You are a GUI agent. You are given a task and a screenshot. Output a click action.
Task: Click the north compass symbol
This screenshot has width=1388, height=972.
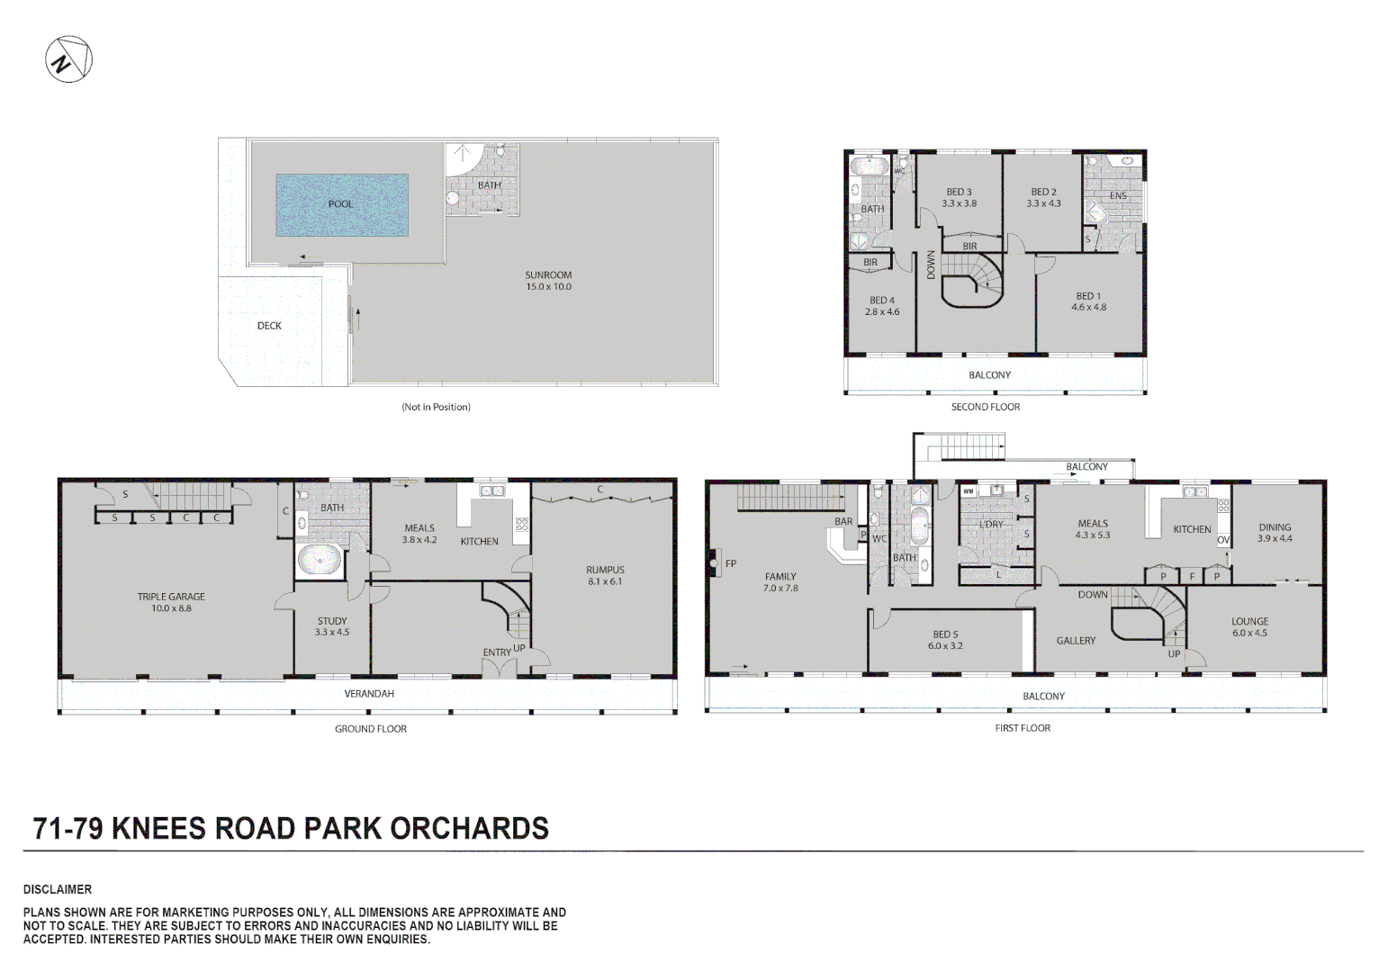tap(68, 59)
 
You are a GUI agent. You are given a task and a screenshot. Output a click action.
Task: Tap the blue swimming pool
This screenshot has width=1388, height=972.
tap(342, 205)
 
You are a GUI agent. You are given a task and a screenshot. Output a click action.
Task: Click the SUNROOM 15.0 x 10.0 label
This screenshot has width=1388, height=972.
tap(548, 281)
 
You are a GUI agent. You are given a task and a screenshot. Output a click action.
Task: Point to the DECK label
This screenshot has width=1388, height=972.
tap(269, 326)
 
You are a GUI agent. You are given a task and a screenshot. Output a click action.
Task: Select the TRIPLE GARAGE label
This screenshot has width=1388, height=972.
tap(171, 602)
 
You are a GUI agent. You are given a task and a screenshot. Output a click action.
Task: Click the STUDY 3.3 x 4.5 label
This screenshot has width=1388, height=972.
tap(332, 626)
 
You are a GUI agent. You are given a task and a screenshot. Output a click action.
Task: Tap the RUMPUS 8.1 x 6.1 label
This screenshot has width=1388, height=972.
tap(606, 575)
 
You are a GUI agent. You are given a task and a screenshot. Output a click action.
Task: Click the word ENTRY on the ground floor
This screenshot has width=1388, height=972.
tap(497, 652)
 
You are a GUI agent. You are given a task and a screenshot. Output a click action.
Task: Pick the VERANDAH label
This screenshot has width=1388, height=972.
tap(369, 694)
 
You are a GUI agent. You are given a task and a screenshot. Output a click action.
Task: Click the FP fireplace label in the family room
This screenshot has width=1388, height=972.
tap(731, 563)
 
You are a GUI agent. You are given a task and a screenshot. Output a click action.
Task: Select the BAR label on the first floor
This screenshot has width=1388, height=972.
tap(843, 522)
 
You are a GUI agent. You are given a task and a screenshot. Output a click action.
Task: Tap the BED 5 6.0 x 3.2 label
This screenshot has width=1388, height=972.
tap(945, 640)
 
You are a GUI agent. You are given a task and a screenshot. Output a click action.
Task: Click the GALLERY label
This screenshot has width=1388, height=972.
tap(1076, 641)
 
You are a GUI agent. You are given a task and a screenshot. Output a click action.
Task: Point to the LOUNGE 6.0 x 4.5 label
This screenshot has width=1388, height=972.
tap(1249, 627)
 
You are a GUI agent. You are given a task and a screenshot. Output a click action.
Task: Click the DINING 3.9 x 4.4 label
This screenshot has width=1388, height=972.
tap(1275, 533)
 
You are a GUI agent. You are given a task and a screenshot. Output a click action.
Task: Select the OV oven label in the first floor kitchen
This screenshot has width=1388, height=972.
tap(1223, 540)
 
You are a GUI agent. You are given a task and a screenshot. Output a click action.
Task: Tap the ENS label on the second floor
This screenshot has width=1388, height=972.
tap(1119, 196)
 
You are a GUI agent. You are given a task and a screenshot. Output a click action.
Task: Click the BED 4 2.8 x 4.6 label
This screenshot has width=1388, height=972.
tap(882, 306)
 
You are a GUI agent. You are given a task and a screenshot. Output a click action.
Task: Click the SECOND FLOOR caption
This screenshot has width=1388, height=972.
tap(986, 407)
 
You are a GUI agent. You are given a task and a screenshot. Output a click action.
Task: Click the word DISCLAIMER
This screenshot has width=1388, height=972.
tap(58, 889)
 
